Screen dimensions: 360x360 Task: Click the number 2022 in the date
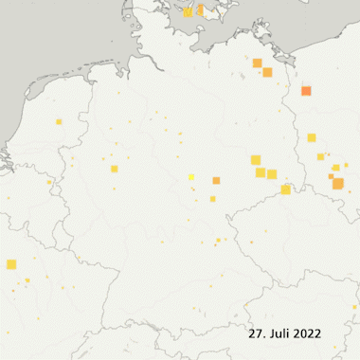(x=306, y=334)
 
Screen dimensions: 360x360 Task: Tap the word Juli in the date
(x=277, y=334)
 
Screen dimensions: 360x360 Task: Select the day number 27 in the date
(x=256, y=334)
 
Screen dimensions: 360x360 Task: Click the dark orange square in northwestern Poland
(x=306, y=91)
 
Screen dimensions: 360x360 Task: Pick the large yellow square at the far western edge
(x=11, y=264)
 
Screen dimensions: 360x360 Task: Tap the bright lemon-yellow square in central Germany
(x=191, y=177)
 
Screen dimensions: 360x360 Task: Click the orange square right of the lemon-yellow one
(x=216, y=180)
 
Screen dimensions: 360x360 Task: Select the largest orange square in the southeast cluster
(x=337, y=183)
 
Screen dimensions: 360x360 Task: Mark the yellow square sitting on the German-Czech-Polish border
(x=285, y=189)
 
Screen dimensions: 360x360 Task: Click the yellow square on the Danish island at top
(x=188, y=12)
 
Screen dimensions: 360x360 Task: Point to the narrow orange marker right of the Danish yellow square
(x=200, y=10)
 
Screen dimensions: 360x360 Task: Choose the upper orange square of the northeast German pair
(x=257, y=63)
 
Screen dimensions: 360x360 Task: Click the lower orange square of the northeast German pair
(x=267, y=72)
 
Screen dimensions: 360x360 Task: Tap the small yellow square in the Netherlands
(x=59, y=121)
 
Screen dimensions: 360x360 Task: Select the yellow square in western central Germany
(x=114, y=169)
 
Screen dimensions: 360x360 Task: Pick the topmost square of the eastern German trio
(x=255, y=159)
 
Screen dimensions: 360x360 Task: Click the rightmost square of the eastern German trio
(x=272, y=174)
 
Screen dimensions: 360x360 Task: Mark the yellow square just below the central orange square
(x=213, y=198)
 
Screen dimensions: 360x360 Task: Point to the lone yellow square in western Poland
(x=311, y=137)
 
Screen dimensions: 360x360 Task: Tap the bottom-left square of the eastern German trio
(x=261, y=172)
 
